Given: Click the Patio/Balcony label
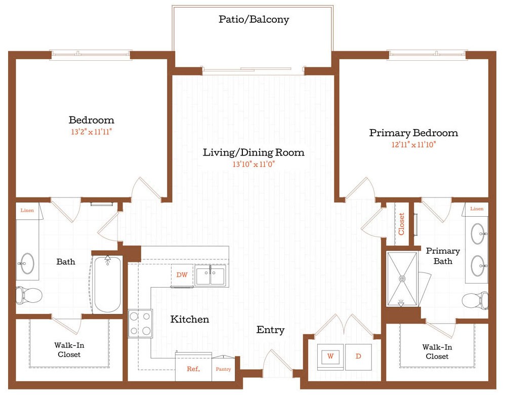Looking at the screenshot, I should [x=254, y=20].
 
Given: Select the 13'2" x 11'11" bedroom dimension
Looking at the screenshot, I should [x=92, y=132].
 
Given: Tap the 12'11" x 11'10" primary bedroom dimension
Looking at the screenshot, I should [x=413, y=144].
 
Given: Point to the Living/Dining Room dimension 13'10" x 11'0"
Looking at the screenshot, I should [x=254, y=164].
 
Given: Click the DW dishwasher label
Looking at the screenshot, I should [x=182, y=275].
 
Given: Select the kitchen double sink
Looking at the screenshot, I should [x=211, y=276].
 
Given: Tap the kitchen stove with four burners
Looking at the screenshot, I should [x=140, y=323].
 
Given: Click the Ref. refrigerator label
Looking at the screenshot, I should [x=193, y=369].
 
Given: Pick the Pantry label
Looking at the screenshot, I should [x=223, y=369].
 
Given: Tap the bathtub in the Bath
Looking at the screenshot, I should [x=107, y=284].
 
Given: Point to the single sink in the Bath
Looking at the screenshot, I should [x=26, y=263].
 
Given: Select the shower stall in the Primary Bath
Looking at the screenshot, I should [x=403, y=279].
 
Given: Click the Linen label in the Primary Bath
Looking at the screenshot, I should [x=477, y=209].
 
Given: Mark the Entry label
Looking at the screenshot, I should [x=270, y=330].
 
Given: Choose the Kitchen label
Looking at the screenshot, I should [x=189, y=319].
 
